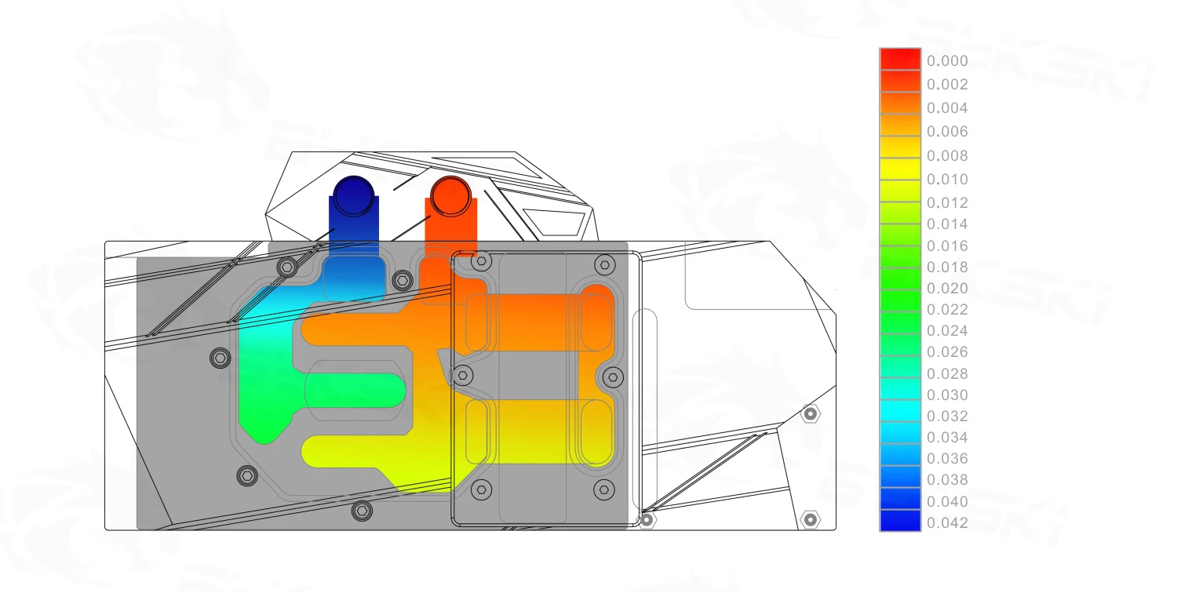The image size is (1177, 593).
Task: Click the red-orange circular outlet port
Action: [450, 196]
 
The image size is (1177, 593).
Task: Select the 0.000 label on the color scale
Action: [947, 61]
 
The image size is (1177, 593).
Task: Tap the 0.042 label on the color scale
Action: [947, 523]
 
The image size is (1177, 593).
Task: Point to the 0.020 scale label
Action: [947, 289]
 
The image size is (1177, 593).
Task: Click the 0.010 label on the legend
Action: [947, 179]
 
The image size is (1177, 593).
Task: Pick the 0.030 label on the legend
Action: [947, 395]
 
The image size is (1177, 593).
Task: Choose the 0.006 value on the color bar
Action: [947, 132]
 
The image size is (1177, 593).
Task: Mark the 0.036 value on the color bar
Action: [947, 459]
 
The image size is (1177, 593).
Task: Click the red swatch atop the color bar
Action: [900, 59]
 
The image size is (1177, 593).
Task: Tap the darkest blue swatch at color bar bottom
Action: [900, 521]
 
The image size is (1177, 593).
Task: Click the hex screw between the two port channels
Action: [402, 279]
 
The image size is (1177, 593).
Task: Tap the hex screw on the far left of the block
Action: [220, 358]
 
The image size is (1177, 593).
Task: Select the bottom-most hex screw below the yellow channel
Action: [362, 511]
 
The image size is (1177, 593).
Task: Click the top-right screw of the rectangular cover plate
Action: [603, 264]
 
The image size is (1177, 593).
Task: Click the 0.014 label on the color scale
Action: [947, 224]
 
